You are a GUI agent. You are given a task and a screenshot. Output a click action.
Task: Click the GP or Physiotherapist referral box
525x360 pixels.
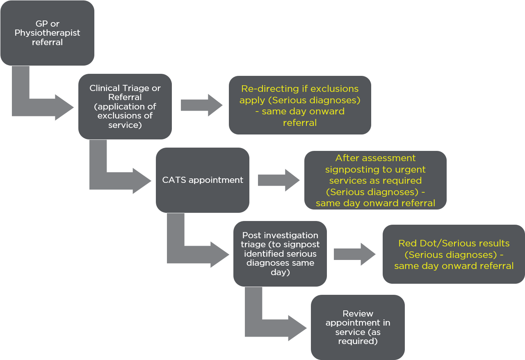click(47, 33)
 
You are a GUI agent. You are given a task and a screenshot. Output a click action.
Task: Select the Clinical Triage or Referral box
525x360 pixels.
click(125, 107)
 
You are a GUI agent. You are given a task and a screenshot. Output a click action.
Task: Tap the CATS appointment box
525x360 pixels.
click(202, 180)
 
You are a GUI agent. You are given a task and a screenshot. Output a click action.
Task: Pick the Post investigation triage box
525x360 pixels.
click(280, 253)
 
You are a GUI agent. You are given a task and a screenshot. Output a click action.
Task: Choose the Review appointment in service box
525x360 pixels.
click(357, 327)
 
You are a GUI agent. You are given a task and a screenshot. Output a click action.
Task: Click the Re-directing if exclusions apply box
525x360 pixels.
click(299, 105)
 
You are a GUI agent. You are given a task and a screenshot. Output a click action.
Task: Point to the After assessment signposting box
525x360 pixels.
click(375, 180)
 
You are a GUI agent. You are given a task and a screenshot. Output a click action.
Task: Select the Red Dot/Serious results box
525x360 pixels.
click(454, 254)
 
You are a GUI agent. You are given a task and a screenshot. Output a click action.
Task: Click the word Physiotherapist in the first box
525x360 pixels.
click(47, 33)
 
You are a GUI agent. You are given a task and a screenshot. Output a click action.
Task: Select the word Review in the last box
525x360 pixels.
click(358, 314)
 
